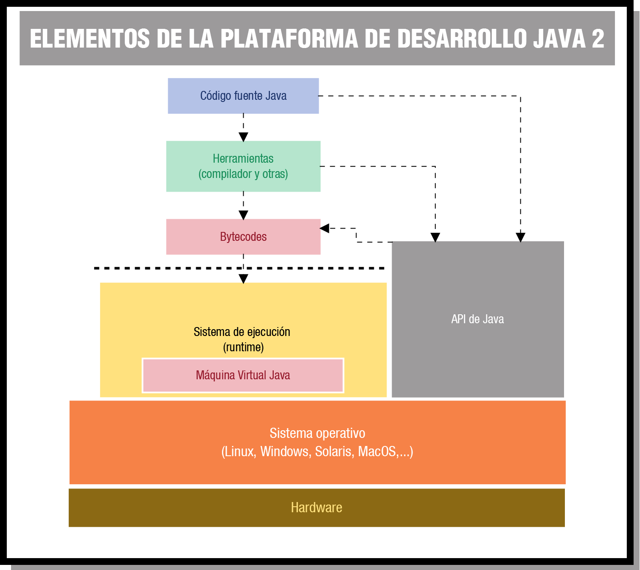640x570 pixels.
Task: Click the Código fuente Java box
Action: coord(243,96)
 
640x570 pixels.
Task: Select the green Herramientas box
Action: coord(243,166)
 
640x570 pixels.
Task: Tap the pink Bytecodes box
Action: coord(243,237)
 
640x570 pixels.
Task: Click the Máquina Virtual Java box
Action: coord(243,375)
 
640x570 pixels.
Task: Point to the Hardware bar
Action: coord(317,508)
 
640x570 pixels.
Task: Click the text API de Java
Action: coord(477,319)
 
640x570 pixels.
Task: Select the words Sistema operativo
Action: coord(317,433)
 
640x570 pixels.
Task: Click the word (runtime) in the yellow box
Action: coord(243,347)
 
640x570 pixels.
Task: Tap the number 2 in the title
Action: coord(598,39)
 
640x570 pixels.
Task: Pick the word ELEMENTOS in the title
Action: coord(90,39)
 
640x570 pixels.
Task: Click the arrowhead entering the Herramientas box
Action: coord(243,137)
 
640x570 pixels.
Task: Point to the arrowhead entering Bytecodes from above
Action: coord(243,215)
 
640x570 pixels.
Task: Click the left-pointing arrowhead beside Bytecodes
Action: coord(325,229)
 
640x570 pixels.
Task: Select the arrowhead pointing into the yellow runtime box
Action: coord(243,279)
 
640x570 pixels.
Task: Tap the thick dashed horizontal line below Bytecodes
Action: coord(170,268)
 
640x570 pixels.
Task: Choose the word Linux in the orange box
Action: coord(239,451)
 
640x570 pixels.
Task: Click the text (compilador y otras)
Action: coord(243,174)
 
